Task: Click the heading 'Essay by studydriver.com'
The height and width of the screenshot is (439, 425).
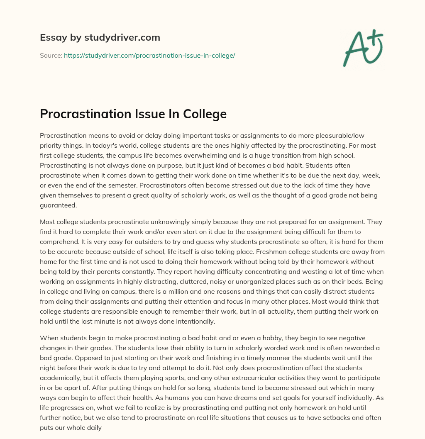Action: (x=100, y=37)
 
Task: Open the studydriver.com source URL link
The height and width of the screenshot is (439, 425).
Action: (x=149, y=55)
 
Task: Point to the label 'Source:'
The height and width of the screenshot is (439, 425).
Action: (x=51, y=55)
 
